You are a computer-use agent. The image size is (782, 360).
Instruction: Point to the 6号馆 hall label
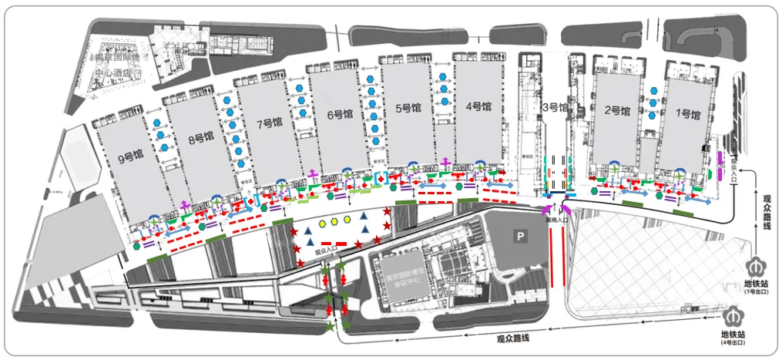click(x=339, y=115)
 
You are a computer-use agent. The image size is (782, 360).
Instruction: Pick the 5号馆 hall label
click(x=408, y=109)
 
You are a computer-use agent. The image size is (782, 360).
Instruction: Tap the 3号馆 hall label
click(x=555, y=107)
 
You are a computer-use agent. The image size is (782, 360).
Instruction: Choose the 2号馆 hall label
click(x=617, y=110)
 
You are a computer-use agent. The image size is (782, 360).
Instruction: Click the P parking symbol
click(x=521, y=235)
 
